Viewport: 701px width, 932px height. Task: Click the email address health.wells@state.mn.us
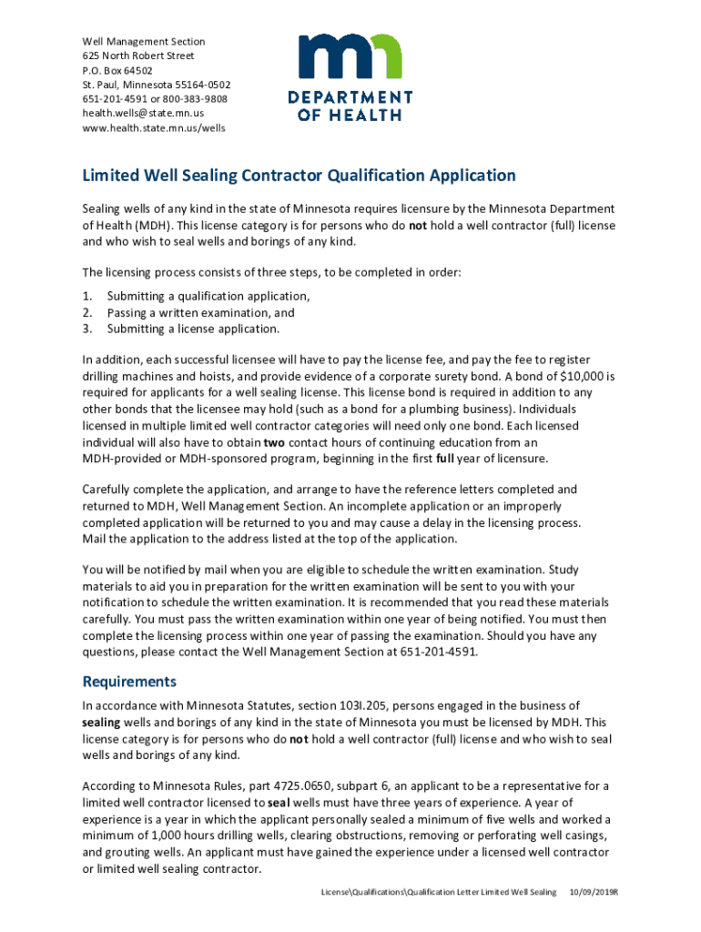pyautogui.click(x=143, y=113)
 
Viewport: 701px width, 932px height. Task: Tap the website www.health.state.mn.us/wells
pyautogui.click(x=154, y=127)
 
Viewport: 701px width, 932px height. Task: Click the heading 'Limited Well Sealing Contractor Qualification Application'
pyautogui.click(x=300, y=176)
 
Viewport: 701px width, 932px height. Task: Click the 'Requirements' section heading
pyautogui.click(x=129, y=682)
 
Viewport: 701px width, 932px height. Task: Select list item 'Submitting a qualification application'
pyautogui.click(x=208, y=296)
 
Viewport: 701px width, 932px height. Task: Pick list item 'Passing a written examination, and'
pyautogui.click(x=200, y=312)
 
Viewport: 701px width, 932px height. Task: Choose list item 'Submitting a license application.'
pyautogui.click(x=193, y=329)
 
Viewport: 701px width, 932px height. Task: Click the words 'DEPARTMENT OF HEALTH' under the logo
pyautogui.click(x=350, y=106)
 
